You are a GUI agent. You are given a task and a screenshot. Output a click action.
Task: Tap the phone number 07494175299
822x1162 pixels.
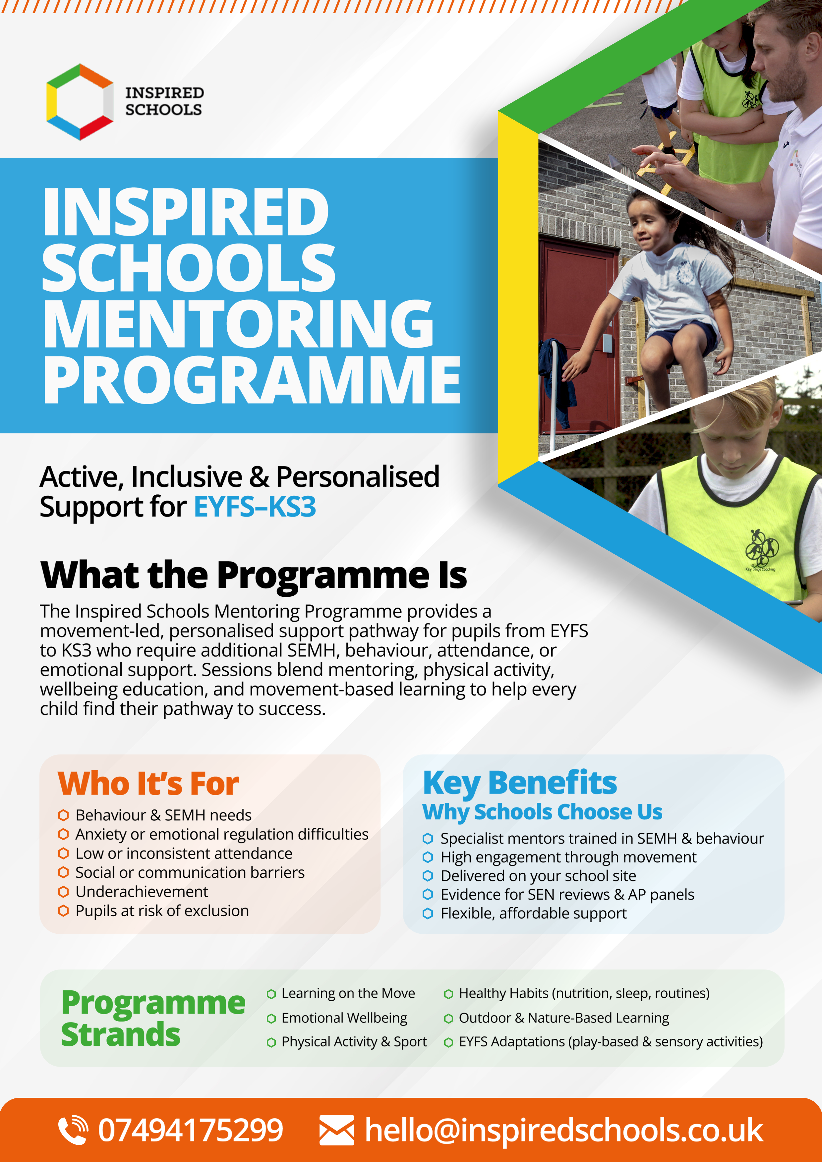tap(190, 1130)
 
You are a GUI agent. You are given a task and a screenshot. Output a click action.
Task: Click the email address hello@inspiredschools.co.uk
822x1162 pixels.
tap(563, 1130)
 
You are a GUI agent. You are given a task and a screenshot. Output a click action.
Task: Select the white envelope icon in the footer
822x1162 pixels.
tap(337, 1130)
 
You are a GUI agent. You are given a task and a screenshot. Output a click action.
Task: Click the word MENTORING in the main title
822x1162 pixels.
tap(238, 324)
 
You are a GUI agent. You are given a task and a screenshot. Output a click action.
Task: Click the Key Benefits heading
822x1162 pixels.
tap(520, 783)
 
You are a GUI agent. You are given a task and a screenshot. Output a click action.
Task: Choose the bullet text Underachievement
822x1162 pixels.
tap(142, 891)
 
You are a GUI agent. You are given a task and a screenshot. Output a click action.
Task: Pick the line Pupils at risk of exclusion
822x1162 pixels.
tap(162, 911)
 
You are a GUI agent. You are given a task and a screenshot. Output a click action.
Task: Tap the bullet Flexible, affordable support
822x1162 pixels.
tap(534, 913)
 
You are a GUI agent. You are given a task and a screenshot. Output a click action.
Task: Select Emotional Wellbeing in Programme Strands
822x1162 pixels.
tap(344, 1018)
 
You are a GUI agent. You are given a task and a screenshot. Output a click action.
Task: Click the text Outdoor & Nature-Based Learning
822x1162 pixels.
tap(564, 1018)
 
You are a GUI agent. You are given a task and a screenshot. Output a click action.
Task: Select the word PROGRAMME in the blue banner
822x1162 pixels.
tap(252, 380)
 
